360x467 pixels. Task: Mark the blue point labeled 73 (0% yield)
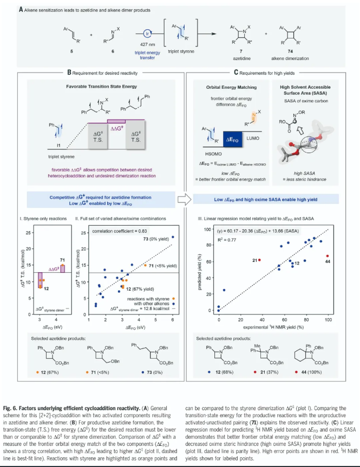[x=173, y=222]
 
